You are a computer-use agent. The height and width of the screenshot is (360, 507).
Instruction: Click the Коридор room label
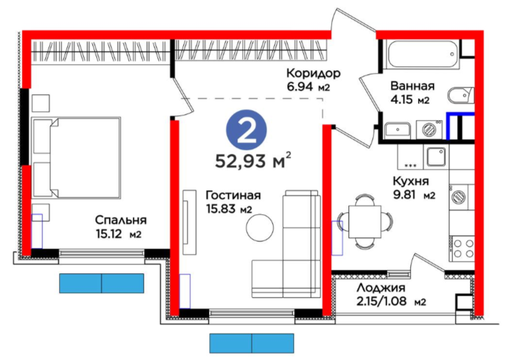313,74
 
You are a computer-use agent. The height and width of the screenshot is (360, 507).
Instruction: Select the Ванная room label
412,86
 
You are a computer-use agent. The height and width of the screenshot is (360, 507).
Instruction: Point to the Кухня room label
411,182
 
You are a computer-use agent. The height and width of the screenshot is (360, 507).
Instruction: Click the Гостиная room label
233,196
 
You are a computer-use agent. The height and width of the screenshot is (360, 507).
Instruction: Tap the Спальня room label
121,220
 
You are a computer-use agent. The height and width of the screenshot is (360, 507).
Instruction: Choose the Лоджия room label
380,287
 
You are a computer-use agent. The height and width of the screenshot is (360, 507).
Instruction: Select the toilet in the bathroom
461,95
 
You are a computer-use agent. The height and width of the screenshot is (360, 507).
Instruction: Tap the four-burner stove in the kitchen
462,248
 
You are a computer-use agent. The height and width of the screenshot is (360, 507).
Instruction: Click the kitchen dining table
364,222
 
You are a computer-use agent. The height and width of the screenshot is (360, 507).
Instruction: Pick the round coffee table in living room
259,227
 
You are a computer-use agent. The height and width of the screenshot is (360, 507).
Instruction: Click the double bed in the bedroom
76,157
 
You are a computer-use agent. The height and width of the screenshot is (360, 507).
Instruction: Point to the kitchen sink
436,157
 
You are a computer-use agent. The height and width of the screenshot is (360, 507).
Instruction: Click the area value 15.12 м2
118,233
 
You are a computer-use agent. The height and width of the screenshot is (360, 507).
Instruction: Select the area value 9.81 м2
414,195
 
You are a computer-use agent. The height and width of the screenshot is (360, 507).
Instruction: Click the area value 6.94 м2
308,87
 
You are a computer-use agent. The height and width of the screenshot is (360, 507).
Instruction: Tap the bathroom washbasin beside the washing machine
398,130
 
